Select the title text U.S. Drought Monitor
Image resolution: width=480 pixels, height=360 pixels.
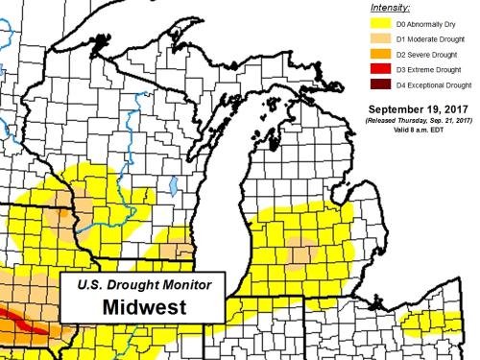pyautogui.click(x=142, y=284)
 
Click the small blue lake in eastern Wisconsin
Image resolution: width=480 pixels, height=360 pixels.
pyautogui.click(x=173, y=210)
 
